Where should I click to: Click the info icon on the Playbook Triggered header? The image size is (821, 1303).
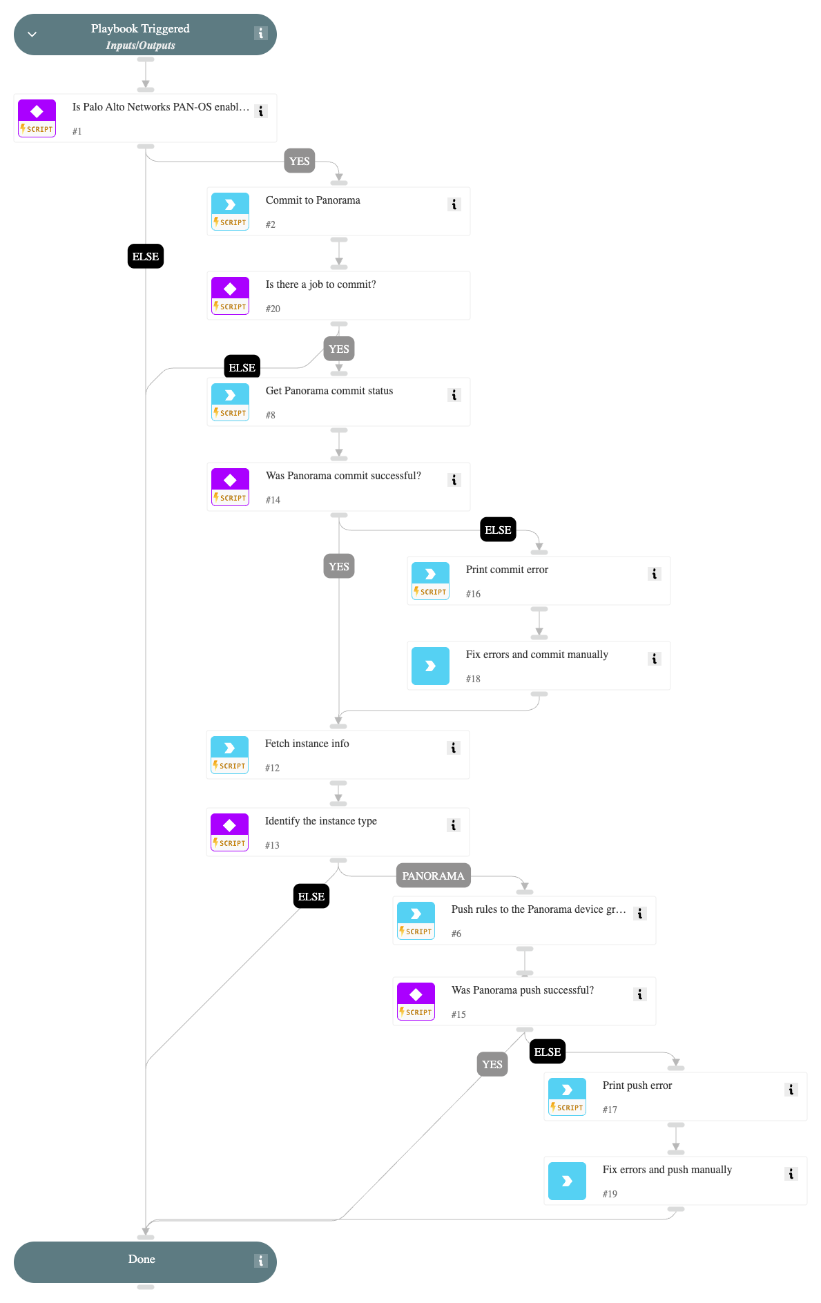tap(260, 33)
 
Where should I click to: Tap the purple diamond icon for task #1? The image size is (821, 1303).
tap(37, 112)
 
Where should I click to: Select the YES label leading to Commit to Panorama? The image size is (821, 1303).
tap(299, 161)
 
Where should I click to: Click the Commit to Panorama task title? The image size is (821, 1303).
tap(313, 200)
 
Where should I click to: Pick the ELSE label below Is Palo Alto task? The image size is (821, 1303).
tap(145, 256)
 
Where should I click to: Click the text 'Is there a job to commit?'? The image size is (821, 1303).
tap(320, 284)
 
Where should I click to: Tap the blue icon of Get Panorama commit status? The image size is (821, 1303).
tap(230, 395)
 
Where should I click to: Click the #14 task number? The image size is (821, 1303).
tap(273, 500)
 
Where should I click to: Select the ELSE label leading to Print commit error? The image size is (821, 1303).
tap(498, 530)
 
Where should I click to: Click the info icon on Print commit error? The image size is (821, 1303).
tap(654, 574)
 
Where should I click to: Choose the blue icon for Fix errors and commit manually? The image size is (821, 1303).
tap(430, 666)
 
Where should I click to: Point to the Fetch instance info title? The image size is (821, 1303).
tap(307, 744)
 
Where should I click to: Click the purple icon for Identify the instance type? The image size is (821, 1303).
tap(229, 825)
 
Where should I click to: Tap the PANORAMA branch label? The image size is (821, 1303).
tap(433, 876)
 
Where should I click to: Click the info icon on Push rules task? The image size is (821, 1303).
tap(639, 914)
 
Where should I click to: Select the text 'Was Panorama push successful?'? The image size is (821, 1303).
tap(522, 990)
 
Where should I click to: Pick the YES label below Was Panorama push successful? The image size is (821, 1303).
tap(492, 1064)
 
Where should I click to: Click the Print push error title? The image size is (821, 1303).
tap(637, 1085)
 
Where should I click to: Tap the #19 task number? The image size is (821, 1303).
tap(610, 1194)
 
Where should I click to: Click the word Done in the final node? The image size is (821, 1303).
tap(142, 1259)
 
